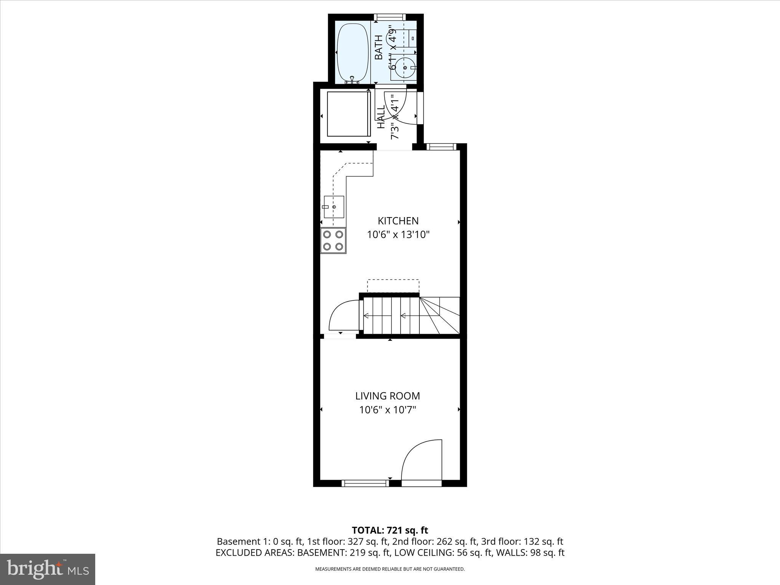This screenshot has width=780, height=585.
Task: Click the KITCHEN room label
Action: (398, 221)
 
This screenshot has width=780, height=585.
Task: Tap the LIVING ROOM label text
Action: (387, 396)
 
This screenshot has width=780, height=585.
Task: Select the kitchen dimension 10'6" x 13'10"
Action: (398, 235)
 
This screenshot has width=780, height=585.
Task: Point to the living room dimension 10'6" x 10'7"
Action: (387, 410)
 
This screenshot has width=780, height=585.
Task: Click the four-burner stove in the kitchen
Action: (333, 240)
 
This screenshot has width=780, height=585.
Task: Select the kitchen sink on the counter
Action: (334, 206)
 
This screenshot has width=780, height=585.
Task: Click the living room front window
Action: (365, 483)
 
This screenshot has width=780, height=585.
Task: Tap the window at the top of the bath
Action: (389, 17)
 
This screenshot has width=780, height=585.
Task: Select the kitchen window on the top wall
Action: (441, 147)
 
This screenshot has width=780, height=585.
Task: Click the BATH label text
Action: (379, 47)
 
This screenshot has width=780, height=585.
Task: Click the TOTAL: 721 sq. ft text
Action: (390, 530)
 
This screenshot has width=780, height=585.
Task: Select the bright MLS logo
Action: (48, 569)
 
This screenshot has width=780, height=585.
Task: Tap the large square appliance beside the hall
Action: (348, 113)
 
